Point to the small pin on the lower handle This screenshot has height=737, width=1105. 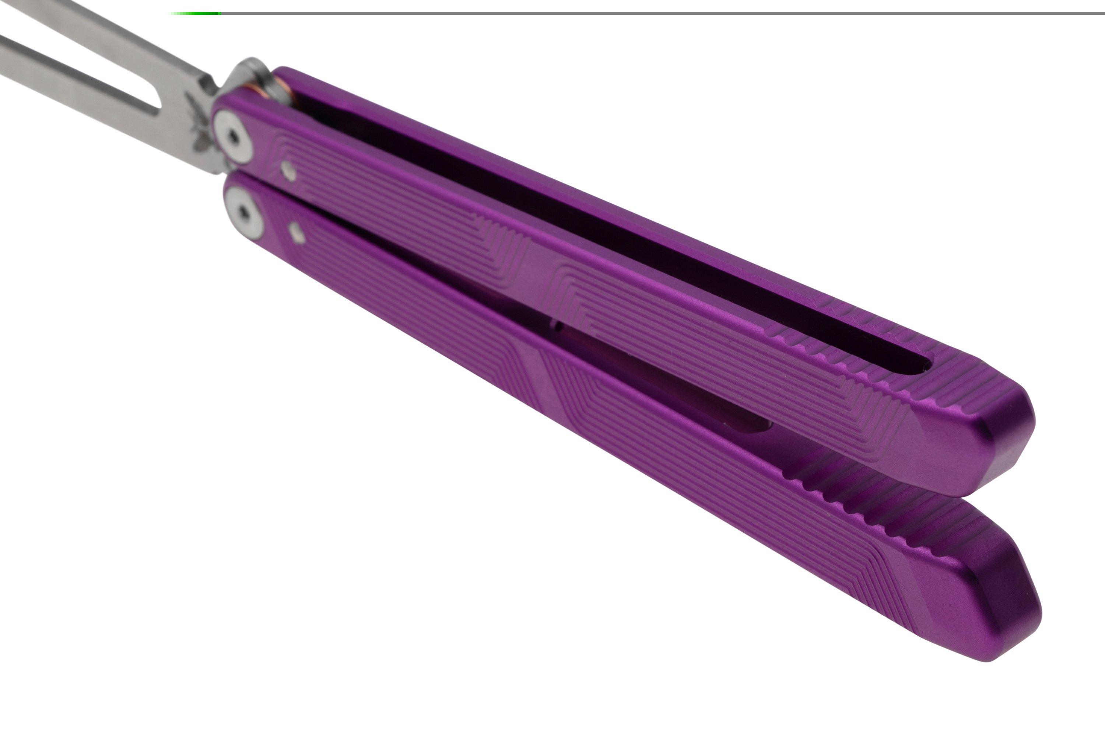tap(297, 234)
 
